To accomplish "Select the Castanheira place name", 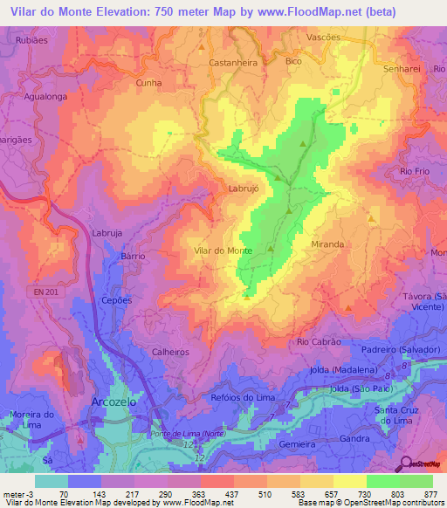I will click(233, 63).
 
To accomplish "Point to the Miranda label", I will click(327, 245).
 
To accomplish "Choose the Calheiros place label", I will click(170, 352).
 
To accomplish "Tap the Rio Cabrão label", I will click(319, 342).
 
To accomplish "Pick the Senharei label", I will click(402, 68).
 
